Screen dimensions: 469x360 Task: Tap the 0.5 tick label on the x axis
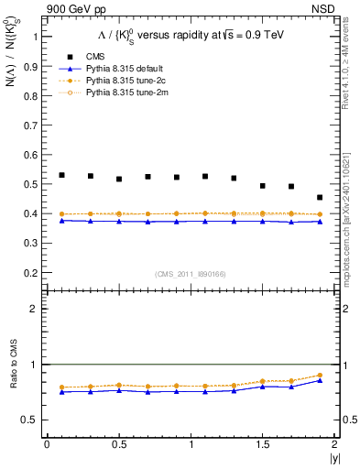pos(118,444)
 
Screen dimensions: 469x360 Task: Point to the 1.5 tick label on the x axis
pos(262,444)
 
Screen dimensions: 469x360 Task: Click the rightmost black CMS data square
pos(320,197)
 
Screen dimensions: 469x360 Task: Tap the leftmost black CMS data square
pos(61,175)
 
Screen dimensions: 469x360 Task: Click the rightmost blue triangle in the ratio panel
pos(320,380)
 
